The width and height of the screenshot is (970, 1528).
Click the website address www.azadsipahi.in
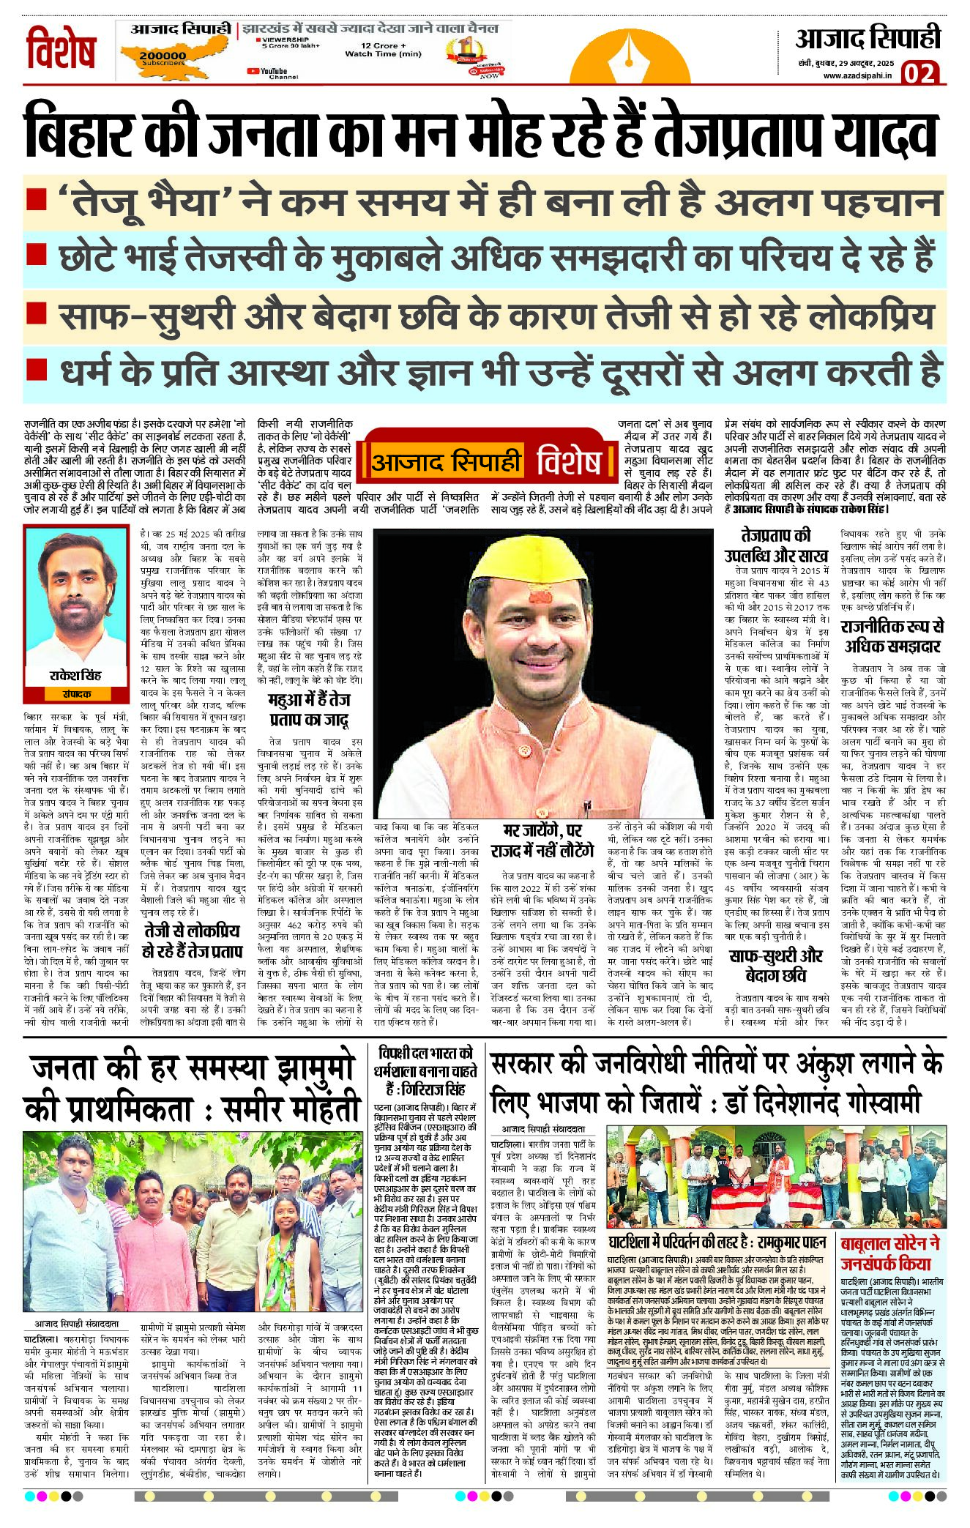[x=857, y=75]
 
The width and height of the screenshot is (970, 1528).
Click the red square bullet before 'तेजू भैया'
[x=36, y=199]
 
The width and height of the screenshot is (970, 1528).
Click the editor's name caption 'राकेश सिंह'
[x=75, y=675]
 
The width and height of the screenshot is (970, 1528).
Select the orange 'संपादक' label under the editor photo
[x=76, y=693]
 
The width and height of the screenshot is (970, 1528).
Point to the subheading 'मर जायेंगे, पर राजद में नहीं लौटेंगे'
[x=542, y=841]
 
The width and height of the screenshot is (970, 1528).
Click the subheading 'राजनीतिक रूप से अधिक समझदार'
[x=892, y=636]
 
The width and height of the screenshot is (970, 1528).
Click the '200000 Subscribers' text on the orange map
[x=163, y=58]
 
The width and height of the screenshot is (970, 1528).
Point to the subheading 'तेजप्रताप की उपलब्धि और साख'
[x=776, y=545]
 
